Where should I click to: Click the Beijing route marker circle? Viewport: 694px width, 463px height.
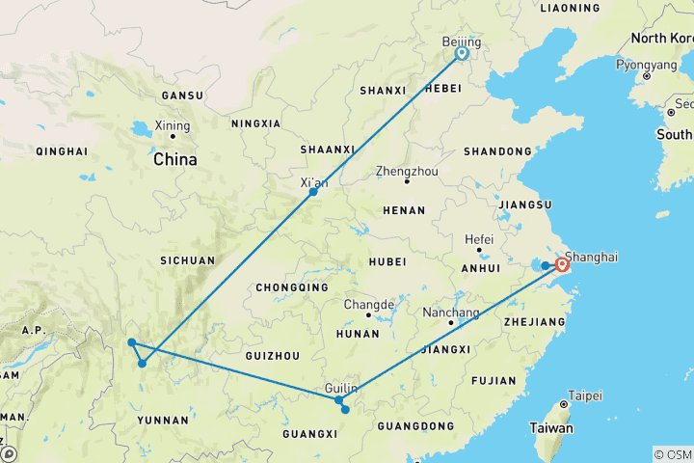(x=462, y=54)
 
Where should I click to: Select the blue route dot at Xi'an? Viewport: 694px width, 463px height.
(x=313, y=192)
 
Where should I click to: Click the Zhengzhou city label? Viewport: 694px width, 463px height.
(x=406, y=170)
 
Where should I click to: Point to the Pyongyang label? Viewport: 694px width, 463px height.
(x=647, y=64)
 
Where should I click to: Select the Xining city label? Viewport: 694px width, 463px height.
(x=173, y=125)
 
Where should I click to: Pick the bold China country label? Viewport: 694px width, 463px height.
(x=174, y=159)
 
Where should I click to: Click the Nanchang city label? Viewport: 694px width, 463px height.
(x=451, y=313)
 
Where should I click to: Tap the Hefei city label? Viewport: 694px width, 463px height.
(x=478, y=239)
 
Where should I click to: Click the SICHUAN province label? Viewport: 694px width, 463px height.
(x=188, y=259)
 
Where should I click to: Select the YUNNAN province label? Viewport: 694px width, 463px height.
(x=163, y=420)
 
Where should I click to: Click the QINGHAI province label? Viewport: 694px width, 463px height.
(x=62, y=151)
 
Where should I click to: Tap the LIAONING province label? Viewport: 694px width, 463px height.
(x=571, y=8)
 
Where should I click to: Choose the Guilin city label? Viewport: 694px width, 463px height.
(x=342, y=388)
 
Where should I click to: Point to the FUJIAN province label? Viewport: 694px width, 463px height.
(x=495, y=380)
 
